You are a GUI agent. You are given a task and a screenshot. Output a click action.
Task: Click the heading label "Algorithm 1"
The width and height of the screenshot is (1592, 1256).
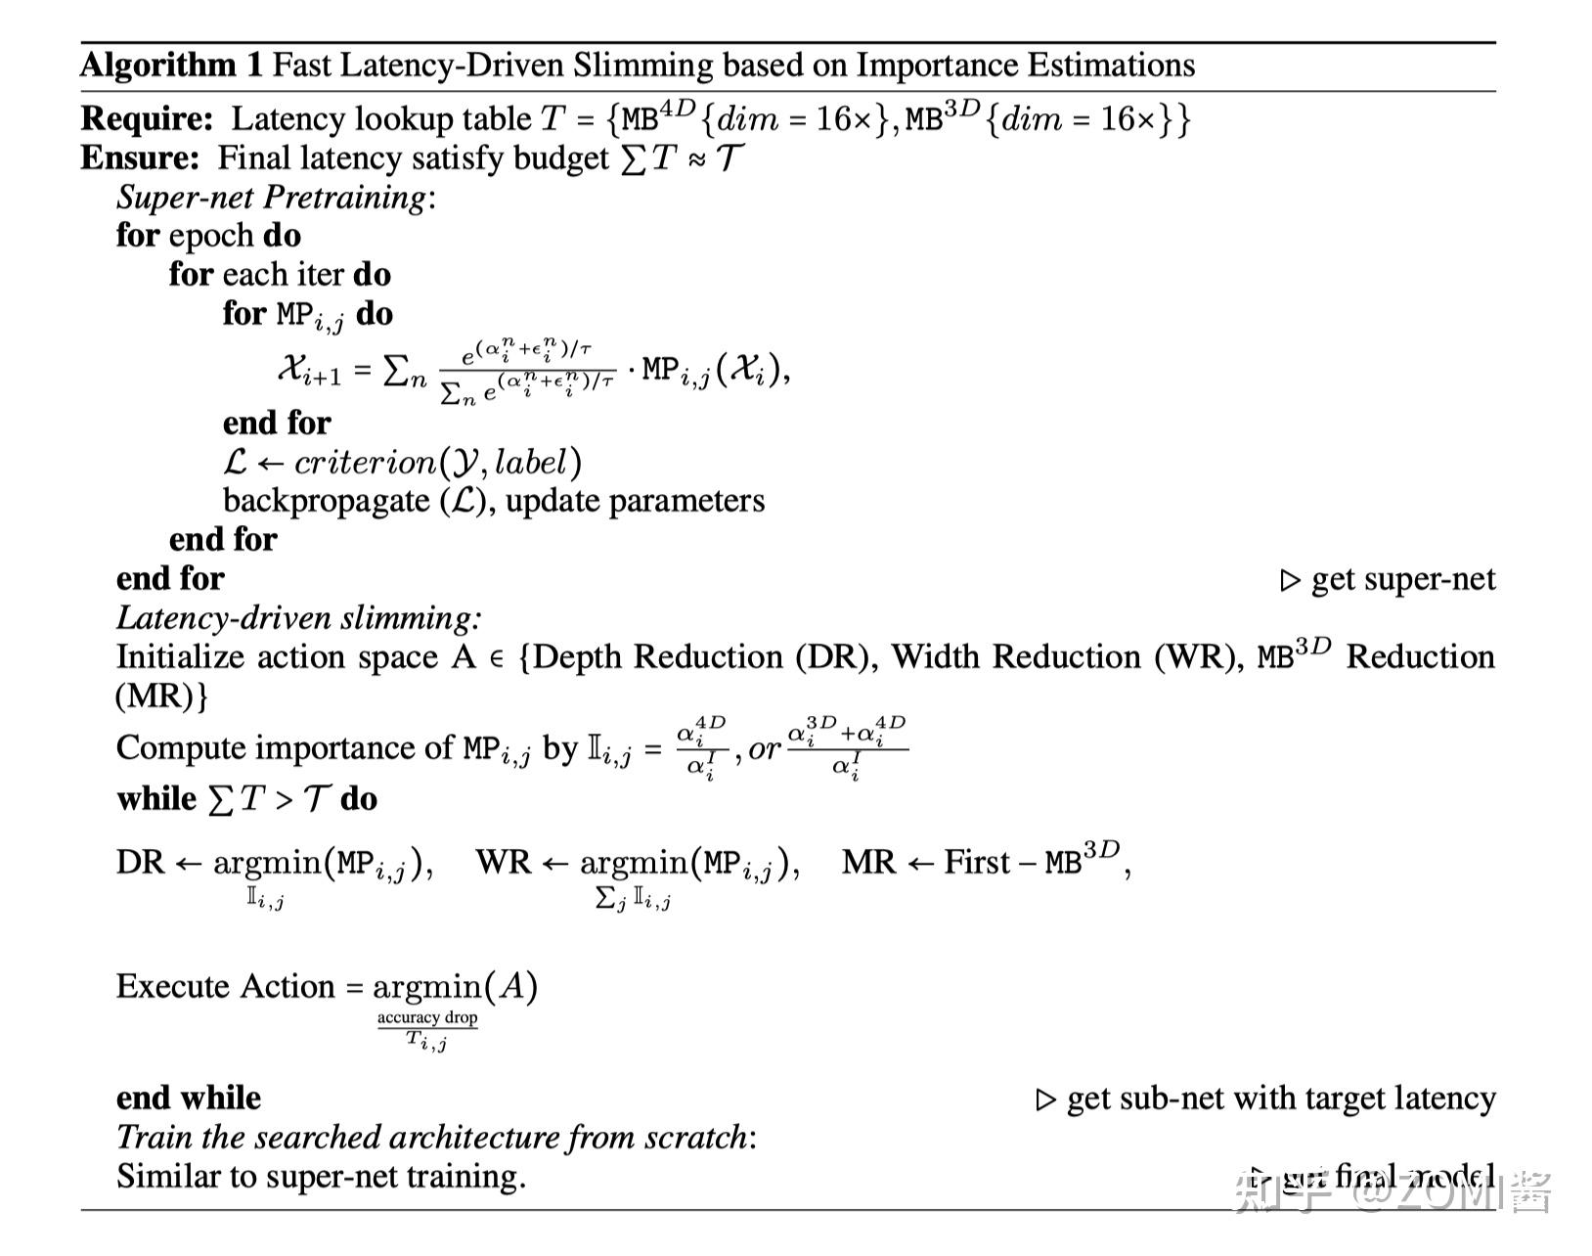[x=172, y=65]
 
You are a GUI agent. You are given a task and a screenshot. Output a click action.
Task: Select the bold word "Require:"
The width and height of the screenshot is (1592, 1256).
[x=147, y=118]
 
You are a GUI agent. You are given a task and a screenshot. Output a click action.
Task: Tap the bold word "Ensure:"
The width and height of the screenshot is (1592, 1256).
[x=140, y=157]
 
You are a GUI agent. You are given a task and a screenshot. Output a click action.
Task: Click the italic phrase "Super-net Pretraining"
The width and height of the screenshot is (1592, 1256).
[x=271, y=197]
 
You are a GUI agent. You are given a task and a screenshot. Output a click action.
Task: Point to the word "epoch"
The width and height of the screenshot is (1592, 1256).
[x=210, y=236]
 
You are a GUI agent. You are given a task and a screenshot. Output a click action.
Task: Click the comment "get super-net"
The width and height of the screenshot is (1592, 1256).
[x=1402, y=578]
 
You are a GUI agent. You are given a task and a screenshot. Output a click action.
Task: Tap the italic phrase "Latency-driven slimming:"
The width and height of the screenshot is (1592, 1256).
[x=298, y=617]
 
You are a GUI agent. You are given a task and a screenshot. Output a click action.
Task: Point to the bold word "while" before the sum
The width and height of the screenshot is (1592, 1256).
[x=156, y=798]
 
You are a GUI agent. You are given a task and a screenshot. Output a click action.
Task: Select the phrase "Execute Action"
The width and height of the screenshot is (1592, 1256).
[x=225, y=985]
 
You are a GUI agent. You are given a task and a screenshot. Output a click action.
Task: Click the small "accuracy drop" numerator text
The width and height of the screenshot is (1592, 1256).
[x=427, y=1017]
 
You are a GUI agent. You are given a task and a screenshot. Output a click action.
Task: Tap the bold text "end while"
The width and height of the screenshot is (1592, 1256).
[x=189, y=1098]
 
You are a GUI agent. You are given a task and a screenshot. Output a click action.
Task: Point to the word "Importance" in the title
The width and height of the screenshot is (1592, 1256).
[x=937, y=65]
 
